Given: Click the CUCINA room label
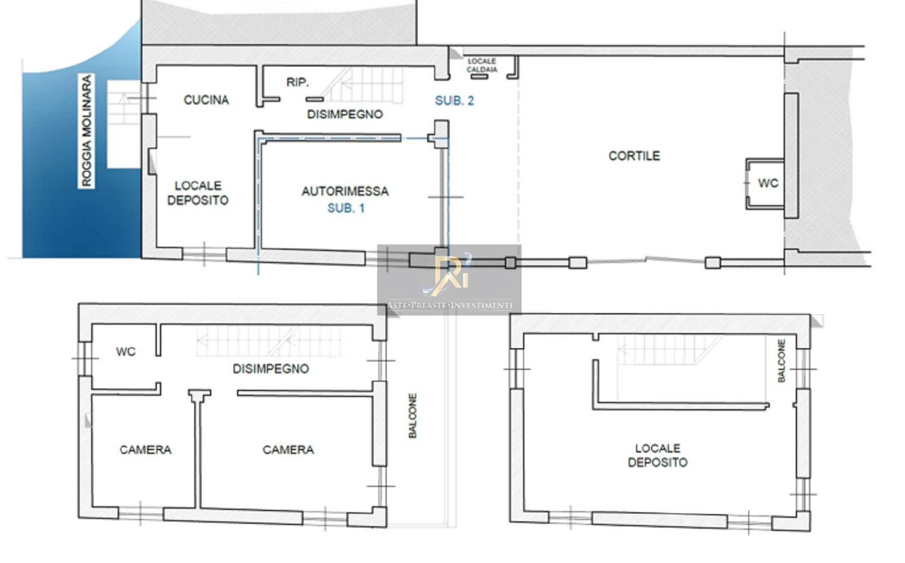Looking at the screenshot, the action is coord(206,100).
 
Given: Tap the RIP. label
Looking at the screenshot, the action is coord(297,82).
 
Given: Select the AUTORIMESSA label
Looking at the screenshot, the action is coord(345,191).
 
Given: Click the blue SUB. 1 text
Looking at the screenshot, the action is coord(346,208).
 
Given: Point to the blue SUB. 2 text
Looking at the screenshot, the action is coord(454,101).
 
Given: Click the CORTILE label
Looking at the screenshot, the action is coord(634,156).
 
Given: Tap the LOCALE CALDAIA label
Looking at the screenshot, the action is coord(482,65).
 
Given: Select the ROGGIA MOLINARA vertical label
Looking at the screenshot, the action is coord(86,131).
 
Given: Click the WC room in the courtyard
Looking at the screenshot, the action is coord(768,183).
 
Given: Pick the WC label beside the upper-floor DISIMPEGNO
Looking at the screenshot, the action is coord(125,352).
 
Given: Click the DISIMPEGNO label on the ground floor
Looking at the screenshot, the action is coord(345,115).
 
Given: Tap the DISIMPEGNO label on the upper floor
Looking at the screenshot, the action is coord(271,369).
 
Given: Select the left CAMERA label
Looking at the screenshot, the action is coord(145,450).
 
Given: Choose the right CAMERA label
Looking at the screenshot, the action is coord(288,450).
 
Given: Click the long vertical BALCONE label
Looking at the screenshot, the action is coord(413,416).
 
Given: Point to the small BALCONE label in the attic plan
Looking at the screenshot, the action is coord(782,361).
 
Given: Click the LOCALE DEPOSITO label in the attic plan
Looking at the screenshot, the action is coord(658,455).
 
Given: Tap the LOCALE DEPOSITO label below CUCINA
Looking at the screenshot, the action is coord(198,193).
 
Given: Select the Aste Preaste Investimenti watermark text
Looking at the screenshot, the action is coord(449,305).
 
